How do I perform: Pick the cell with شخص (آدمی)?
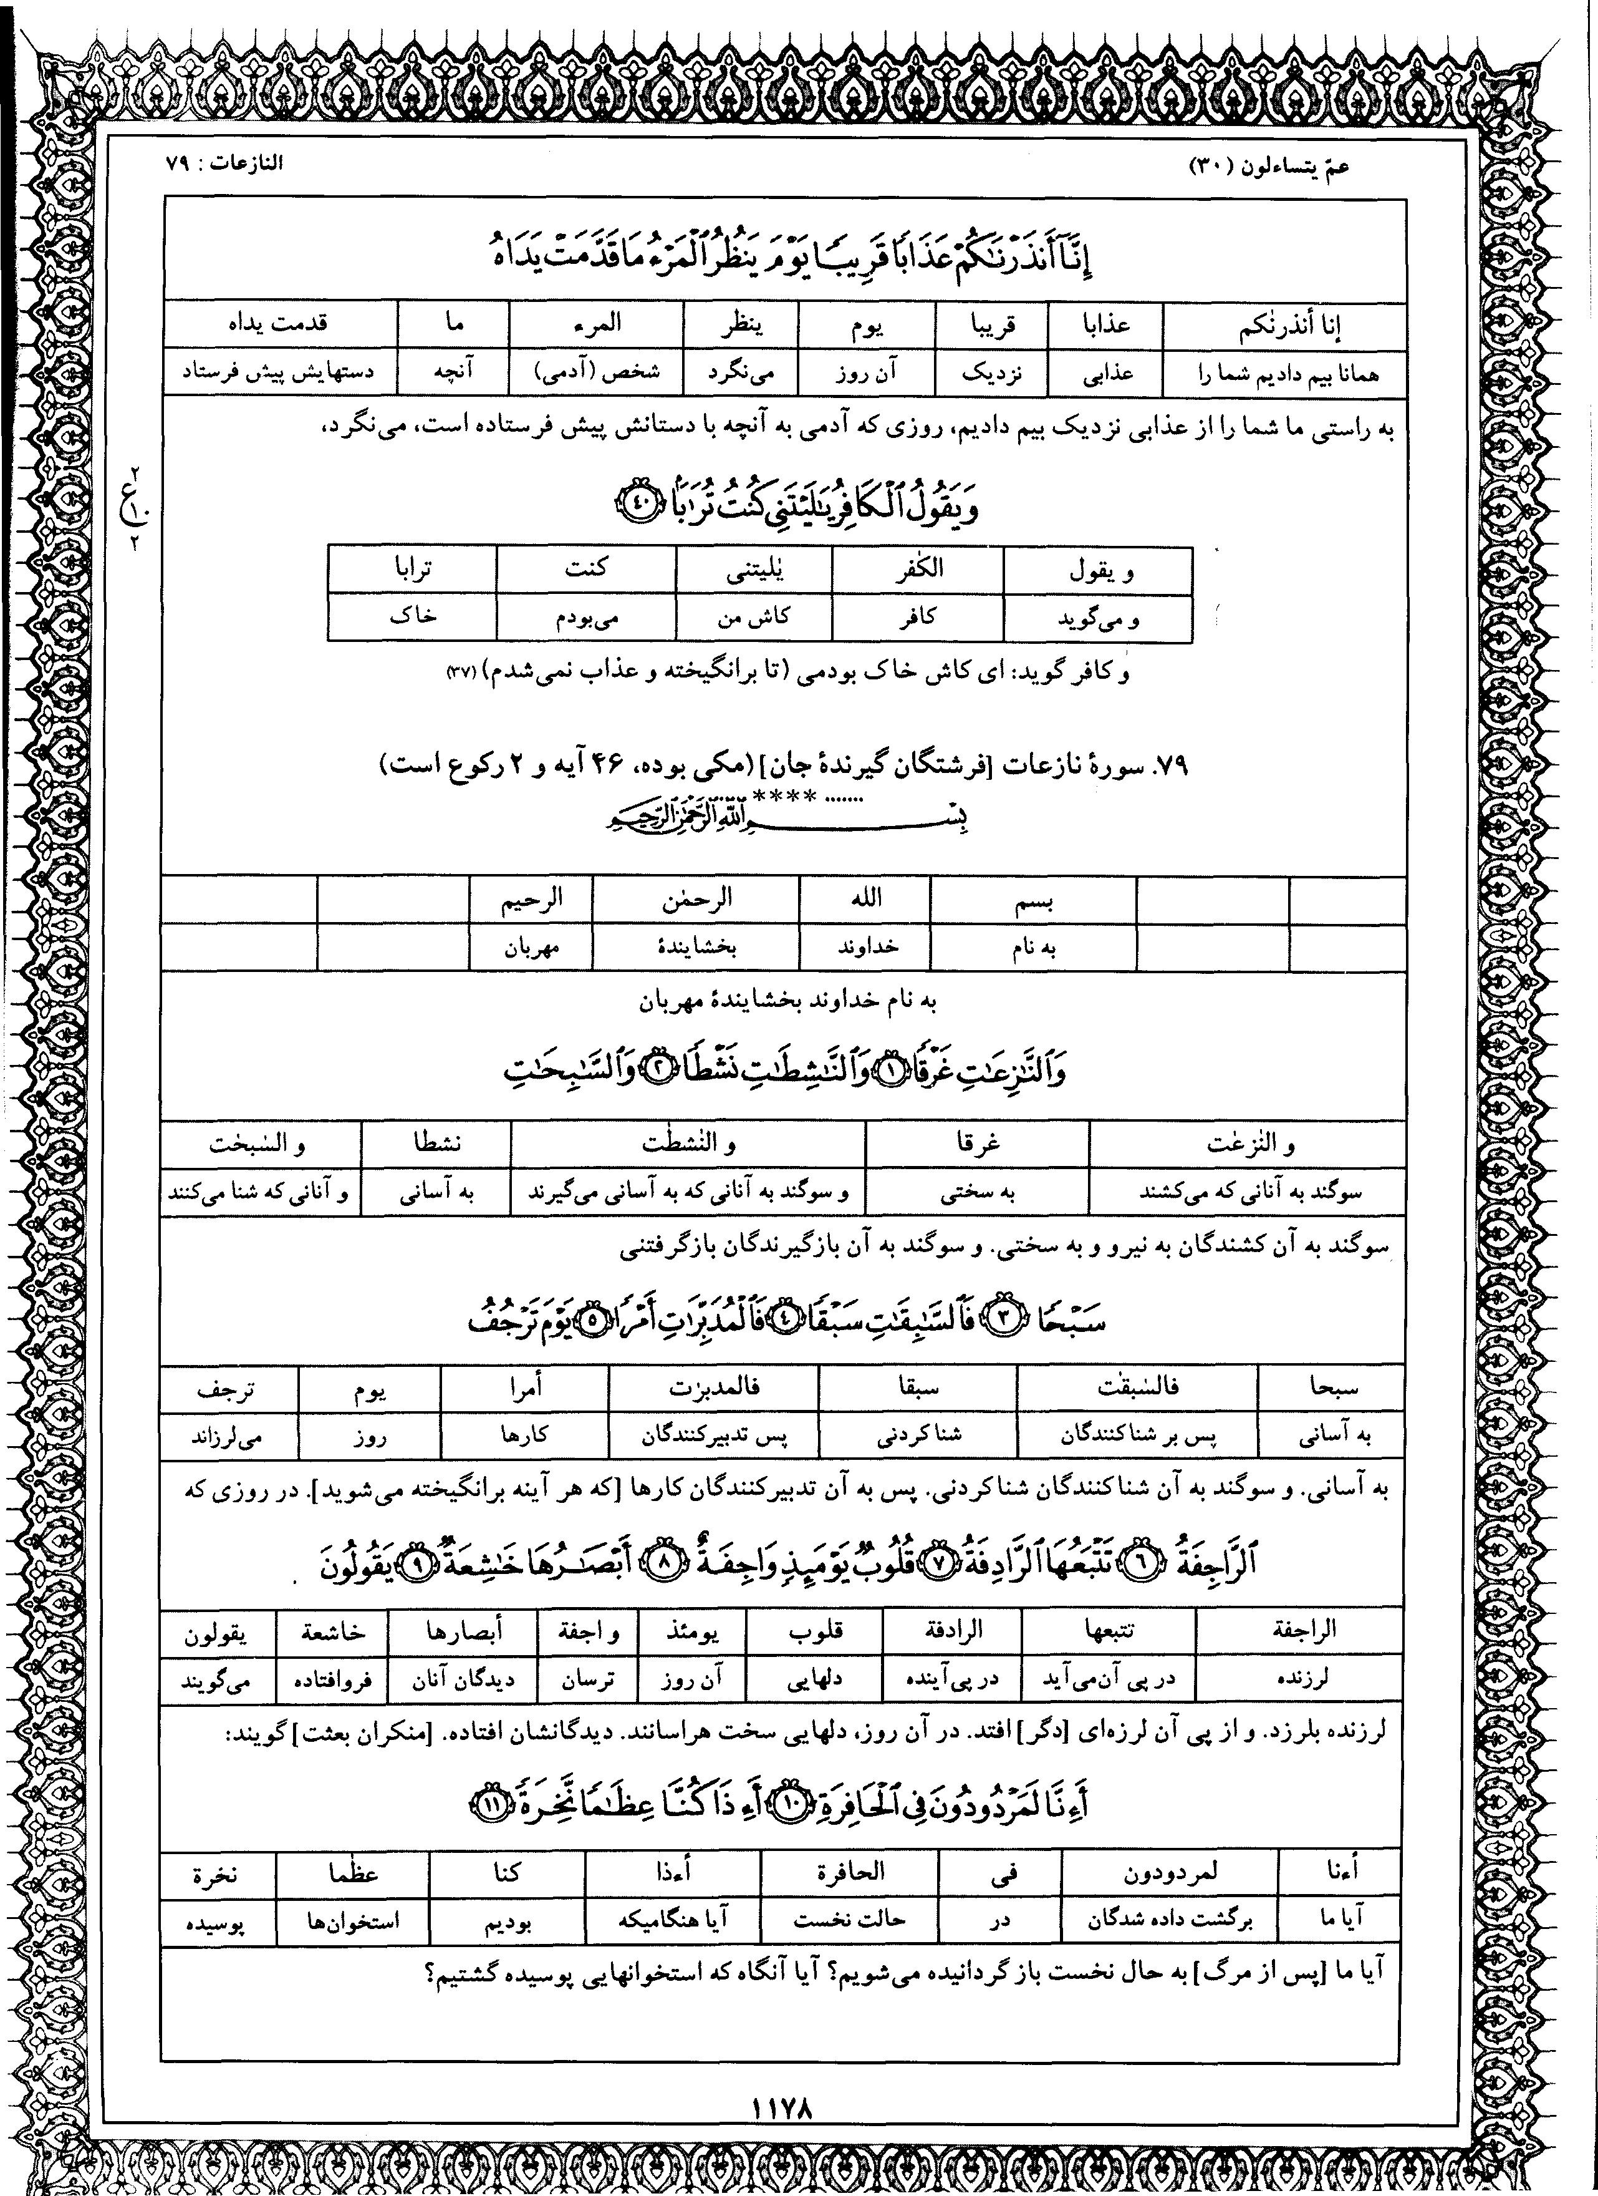pyautogui.click(x=596, y=372)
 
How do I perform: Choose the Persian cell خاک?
pyautogui.click(x=412, y=617)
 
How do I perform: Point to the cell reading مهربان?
pyautogui.click(x=531, y=947)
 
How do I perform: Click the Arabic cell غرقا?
pyautogui.click(x=978, y=1144)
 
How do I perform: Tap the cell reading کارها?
pyautogui.click(x=524, y=1434)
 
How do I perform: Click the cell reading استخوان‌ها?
pyautogui.click(x=352, y=1919)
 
